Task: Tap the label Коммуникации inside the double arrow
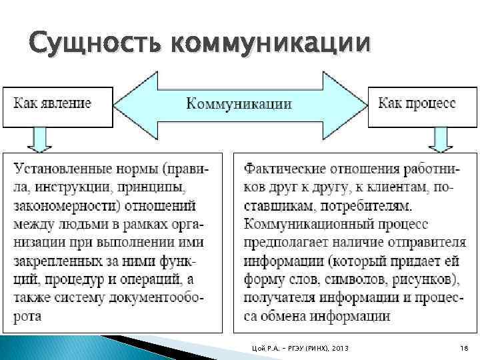coord(238,104)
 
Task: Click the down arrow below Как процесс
coord(440,140)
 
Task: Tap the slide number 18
coord(464,349)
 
